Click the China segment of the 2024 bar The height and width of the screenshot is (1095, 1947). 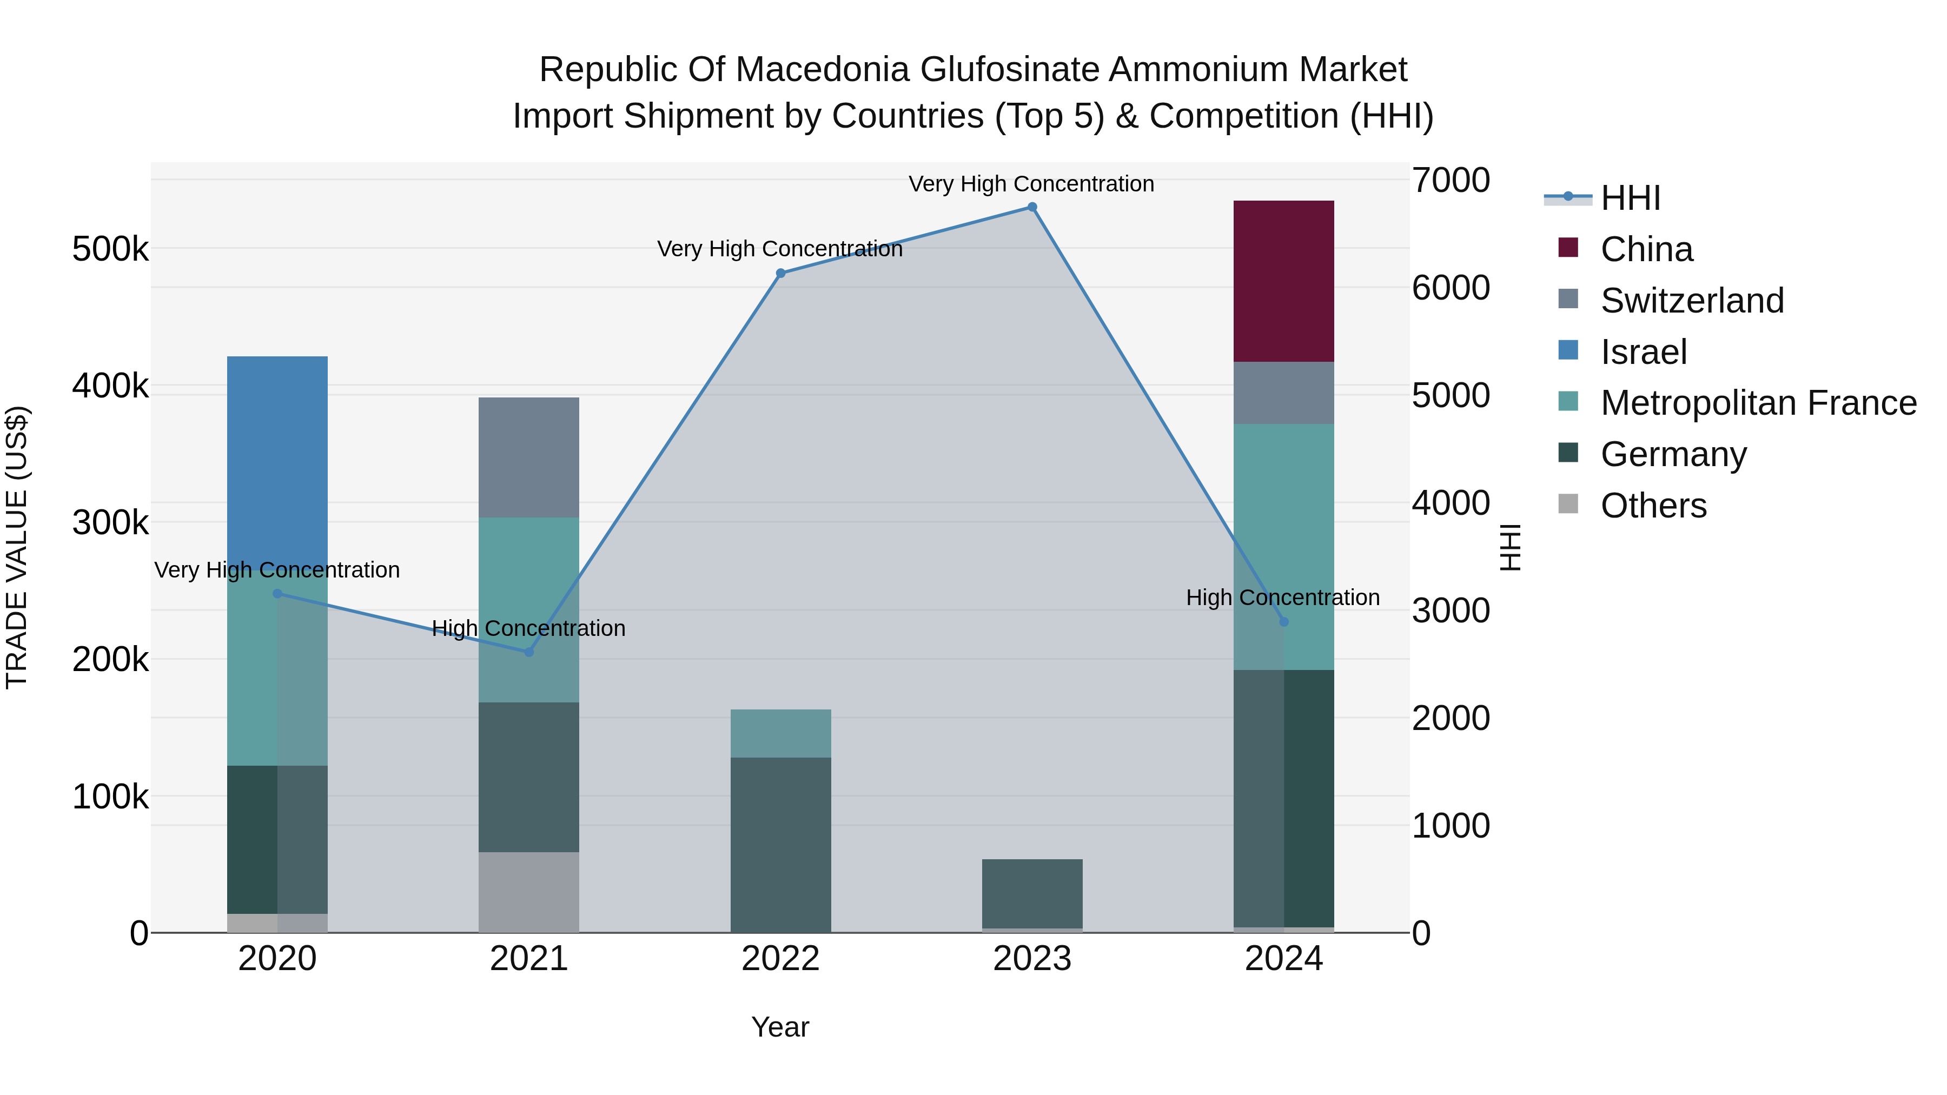pos(1283,281)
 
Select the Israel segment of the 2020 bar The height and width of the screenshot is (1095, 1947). pos(277,454)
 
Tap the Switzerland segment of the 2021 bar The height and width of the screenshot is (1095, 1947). pos(529,457)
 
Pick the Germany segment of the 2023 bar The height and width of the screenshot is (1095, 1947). pos(1032,893)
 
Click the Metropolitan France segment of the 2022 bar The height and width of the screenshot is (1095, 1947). pos(781,733)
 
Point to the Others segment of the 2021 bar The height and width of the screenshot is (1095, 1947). pos(529,892)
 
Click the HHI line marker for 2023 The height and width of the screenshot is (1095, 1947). pos(1032,207)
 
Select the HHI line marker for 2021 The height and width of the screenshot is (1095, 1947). pos(529,652)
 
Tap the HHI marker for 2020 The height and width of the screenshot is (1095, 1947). pos(277,594)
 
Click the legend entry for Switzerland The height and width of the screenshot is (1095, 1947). pos(1692,301)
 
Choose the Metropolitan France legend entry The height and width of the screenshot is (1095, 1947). pos(1758,403)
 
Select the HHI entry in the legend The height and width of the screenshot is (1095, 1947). pos(1630,198)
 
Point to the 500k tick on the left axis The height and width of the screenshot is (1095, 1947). pos(110,249)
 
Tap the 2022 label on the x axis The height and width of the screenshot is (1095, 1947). pos(781,959)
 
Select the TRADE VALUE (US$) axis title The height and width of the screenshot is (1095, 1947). pos(17,547)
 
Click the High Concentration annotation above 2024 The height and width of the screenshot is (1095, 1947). pos(1283,598)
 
